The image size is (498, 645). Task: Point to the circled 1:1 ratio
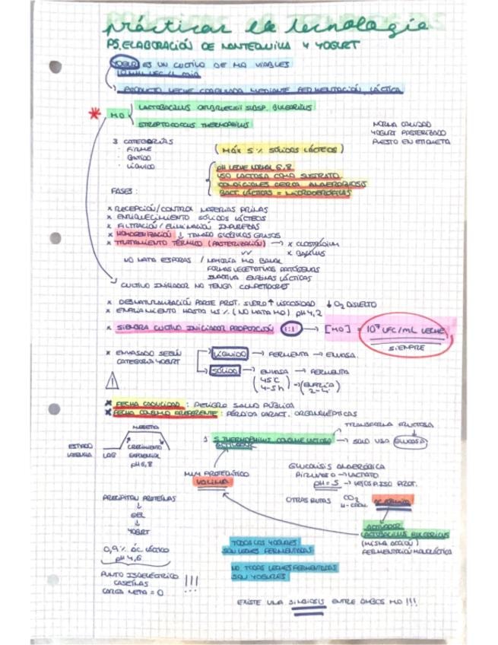coord(289,329)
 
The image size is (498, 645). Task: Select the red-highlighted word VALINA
coord(206,483)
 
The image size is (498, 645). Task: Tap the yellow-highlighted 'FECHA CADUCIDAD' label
coord(147,404)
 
